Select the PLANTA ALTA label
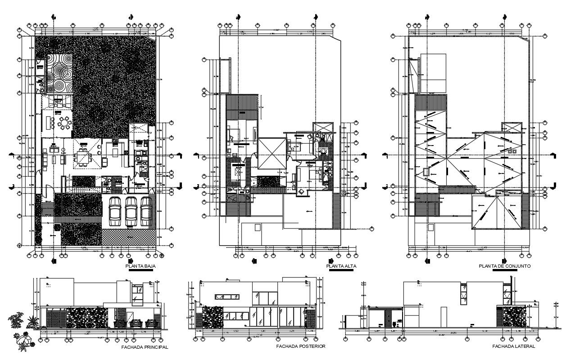(342, 266)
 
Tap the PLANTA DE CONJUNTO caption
(505, 266)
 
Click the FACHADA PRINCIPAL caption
(145, 347)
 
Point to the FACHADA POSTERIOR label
(301, 346)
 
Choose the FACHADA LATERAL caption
(513, 346)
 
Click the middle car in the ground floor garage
(131, 211)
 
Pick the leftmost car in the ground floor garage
(115, 211)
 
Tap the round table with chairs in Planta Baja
(66, 123)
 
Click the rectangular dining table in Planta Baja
(84, 158)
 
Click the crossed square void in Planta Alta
(272, 153)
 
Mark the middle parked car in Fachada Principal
(134, 323)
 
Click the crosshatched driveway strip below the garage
(129, 237)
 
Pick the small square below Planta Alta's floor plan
(258, 228)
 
